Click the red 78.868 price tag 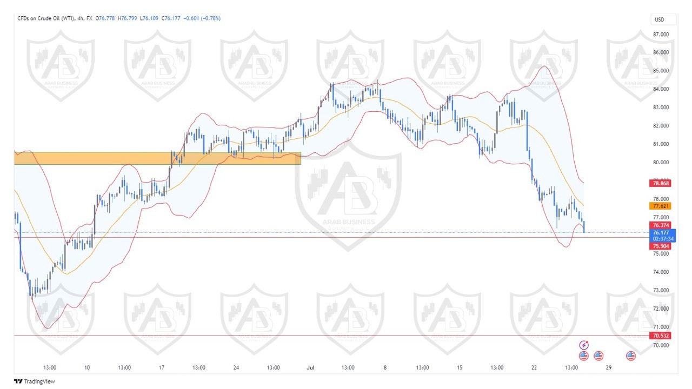point(662,184)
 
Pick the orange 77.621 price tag point(662,206)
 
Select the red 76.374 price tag point(662,225)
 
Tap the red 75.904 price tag point(662,246)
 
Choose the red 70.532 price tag point(662,336)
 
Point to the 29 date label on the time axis point(609,367)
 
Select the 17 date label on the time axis point(162,367)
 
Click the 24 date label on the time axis point(236,367)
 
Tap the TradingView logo point(35,381)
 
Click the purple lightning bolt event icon point(584,345)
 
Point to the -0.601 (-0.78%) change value point(202,18)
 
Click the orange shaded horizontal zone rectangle point(157,158)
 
